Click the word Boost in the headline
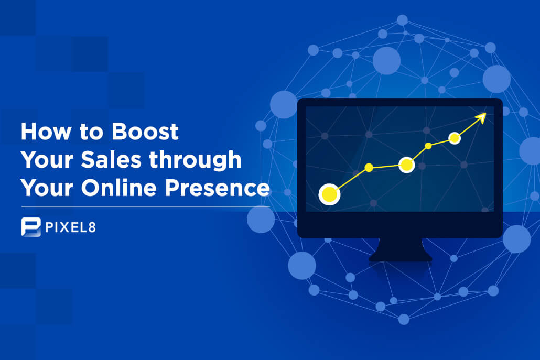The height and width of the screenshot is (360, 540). [145, 132]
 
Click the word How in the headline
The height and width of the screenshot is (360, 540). [42, 132]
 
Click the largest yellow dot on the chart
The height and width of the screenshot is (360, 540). [329, 194]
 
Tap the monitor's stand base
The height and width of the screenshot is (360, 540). [401, 255]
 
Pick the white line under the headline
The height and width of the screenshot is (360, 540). [145, 206]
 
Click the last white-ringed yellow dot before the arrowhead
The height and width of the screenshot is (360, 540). [455, 138]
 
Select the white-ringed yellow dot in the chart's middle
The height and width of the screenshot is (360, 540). [406, 165]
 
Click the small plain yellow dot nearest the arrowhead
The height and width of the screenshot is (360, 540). [428, 146]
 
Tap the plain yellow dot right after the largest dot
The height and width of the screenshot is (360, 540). [369, 168]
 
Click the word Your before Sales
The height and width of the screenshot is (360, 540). [42, 160]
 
